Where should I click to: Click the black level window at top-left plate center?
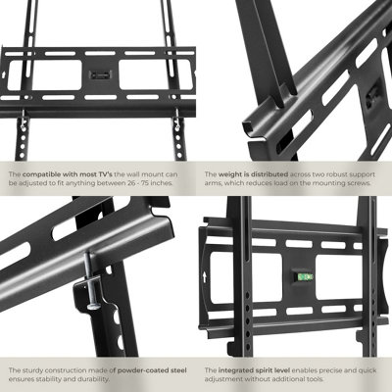pos(99,74)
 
